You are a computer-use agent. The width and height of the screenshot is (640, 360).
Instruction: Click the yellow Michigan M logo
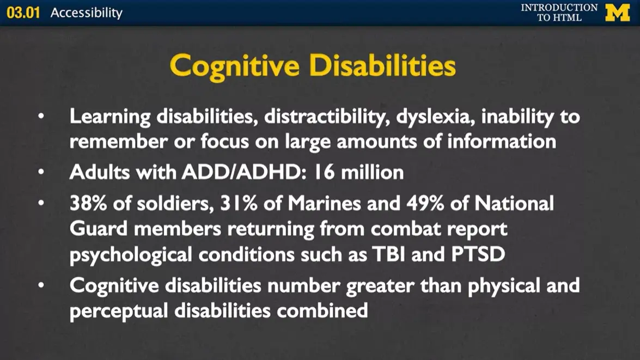pyautogui.click(x=617, y=12)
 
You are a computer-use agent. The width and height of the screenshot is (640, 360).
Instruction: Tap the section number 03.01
pyautogui.click(x=23, y=13)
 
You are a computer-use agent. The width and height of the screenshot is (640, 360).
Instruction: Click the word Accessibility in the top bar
pyautogui.click(x=87, y=13)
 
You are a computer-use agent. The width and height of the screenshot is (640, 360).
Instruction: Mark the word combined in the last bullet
pyautogui.click(x=322, y=311)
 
